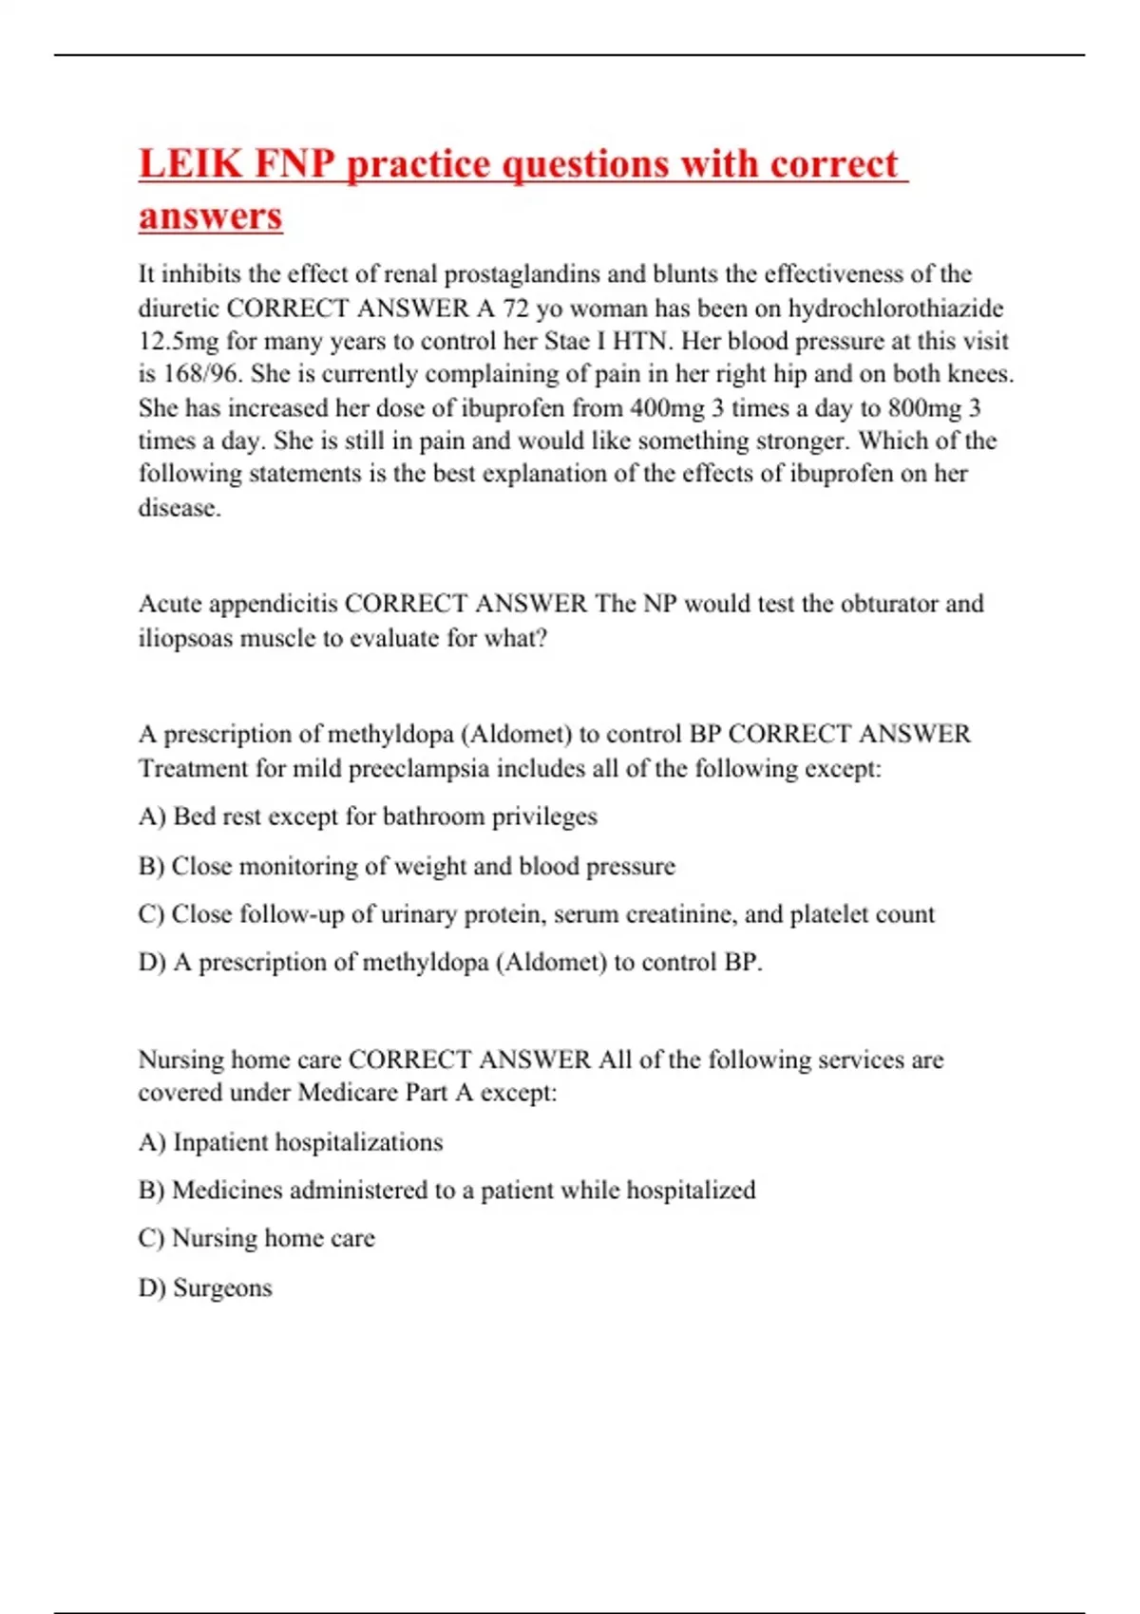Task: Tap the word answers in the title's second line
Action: point(211,216)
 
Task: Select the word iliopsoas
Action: point(185,638)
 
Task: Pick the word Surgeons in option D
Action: point(222,1288)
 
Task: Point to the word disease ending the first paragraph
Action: point(179,508)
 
